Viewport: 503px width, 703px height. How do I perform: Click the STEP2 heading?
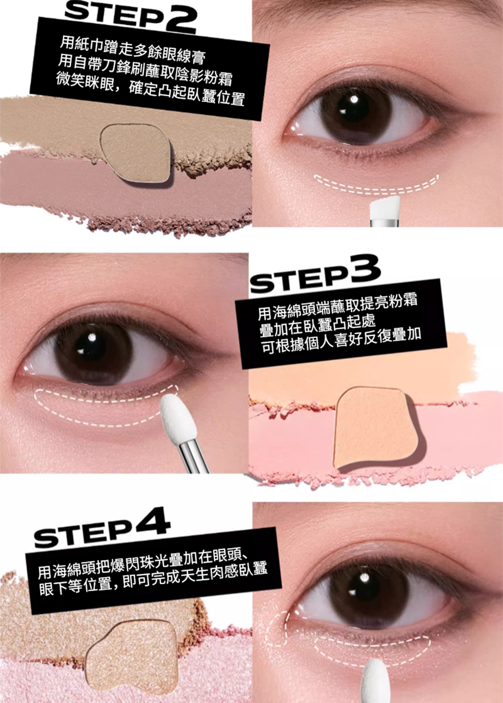click(131, 16)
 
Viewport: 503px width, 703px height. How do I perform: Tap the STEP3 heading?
click(316, 273)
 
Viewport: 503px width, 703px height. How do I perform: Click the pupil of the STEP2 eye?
click(354, 109)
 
